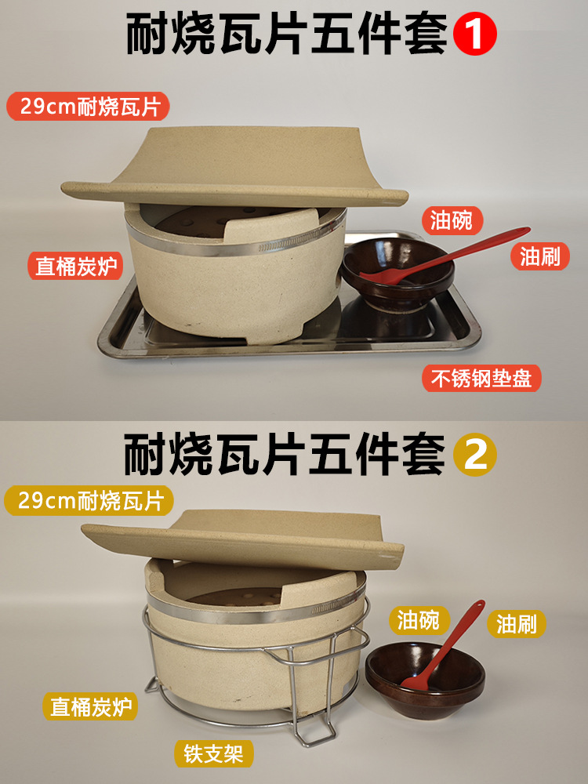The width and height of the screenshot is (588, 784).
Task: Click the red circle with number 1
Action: point(474,34)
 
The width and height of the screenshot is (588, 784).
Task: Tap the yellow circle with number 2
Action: point(474,454)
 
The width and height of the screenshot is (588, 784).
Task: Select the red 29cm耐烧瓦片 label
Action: point(88,106)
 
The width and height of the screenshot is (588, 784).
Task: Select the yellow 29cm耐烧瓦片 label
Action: point(89,501)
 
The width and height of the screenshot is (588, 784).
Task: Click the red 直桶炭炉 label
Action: point(75,266)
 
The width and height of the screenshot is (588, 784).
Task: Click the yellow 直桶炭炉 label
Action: point(90,706)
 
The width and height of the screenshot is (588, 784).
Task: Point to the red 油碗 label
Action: point(452,220)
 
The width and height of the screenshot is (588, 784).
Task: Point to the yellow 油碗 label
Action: point(419,620)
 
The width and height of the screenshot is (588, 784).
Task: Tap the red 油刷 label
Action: point(540,256)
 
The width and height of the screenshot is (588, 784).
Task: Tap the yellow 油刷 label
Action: point(517,624)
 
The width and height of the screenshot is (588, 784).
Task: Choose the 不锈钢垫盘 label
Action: point(482,378)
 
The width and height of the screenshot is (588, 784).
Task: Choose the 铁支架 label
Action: point(213,753)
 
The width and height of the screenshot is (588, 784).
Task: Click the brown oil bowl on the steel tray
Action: point(397,274)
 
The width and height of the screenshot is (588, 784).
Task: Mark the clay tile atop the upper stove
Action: point(234,168)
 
